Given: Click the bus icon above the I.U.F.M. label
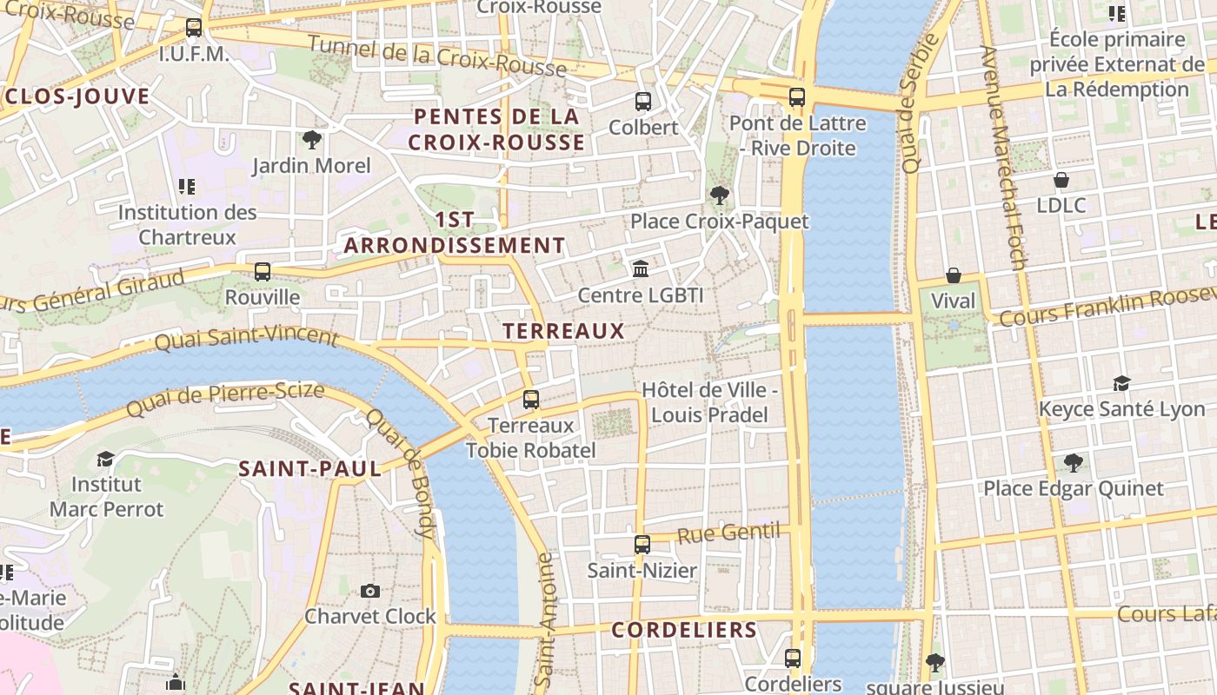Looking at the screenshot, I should click(194, 28).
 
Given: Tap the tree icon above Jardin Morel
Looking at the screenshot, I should click(311, 139).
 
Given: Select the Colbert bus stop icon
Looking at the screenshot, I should click(642, 102).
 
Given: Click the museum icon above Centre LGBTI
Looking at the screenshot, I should click(641, 268).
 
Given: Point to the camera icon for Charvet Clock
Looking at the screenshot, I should click(370, 591).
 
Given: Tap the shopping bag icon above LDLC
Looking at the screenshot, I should click(1061, 180).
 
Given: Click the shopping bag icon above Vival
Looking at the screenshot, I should click(954, 275).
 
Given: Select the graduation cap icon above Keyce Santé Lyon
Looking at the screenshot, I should click(1121, 383).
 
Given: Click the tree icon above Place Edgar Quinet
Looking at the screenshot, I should click(1073, 462).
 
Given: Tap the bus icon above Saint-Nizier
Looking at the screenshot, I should click(642, 545).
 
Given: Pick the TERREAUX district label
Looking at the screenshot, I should click(563, 331).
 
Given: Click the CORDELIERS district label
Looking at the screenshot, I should click(684, 630).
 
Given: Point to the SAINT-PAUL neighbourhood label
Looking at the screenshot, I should click(309, 469).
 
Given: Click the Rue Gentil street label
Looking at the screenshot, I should click(728, 533).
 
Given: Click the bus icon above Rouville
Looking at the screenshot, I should click(263, 272).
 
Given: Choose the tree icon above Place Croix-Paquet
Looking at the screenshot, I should click(719, 195).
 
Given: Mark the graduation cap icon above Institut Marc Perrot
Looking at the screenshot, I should click(105, 458).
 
